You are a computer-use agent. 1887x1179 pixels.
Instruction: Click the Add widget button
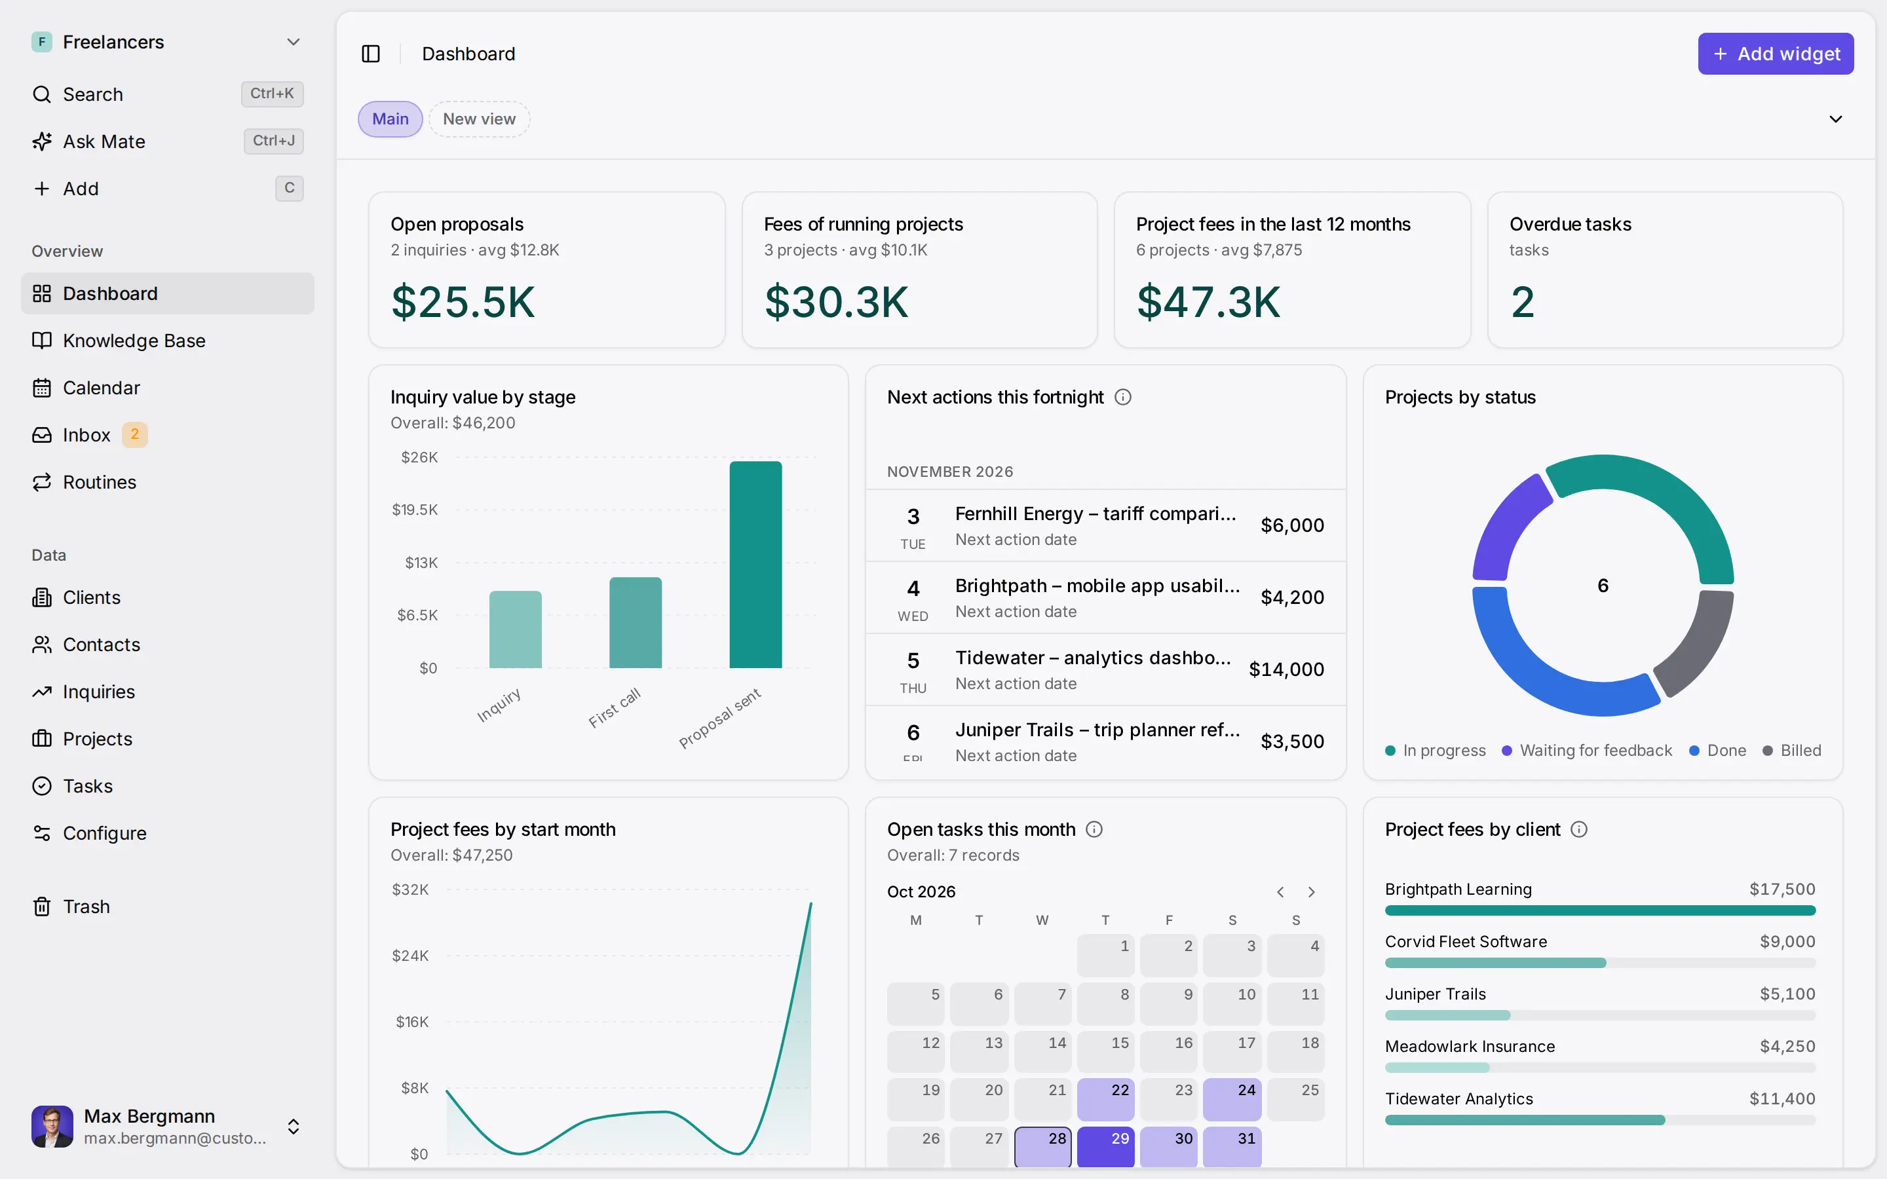pos(1776,54)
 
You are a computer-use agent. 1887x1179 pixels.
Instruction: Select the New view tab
pos(479,119)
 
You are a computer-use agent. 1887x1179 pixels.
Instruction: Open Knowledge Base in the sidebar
pos(134,341)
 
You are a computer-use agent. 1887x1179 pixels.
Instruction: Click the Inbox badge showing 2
pos(135,434)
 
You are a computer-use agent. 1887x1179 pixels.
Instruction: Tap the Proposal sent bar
pos(755,565)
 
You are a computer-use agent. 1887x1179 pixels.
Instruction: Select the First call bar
pos(636,622)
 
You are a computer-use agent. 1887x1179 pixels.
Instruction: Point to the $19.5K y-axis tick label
pos(415,510)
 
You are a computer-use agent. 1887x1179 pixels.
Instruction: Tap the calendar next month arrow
pos(1312,892)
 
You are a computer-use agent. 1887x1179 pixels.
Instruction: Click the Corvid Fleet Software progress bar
pos(1600,963)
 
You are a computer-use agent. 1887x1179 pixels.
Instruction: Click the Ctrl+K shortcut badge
pos(272,94)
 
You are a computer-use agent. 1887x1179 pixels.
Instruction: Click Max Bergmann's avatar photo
pos(52,1126)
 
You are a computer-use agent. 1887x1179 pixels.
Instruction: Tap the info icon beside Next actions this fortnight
pos(1123,397)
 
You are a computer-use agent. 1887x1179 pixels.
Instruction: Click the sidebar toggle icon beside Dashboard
pos(371,54)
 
